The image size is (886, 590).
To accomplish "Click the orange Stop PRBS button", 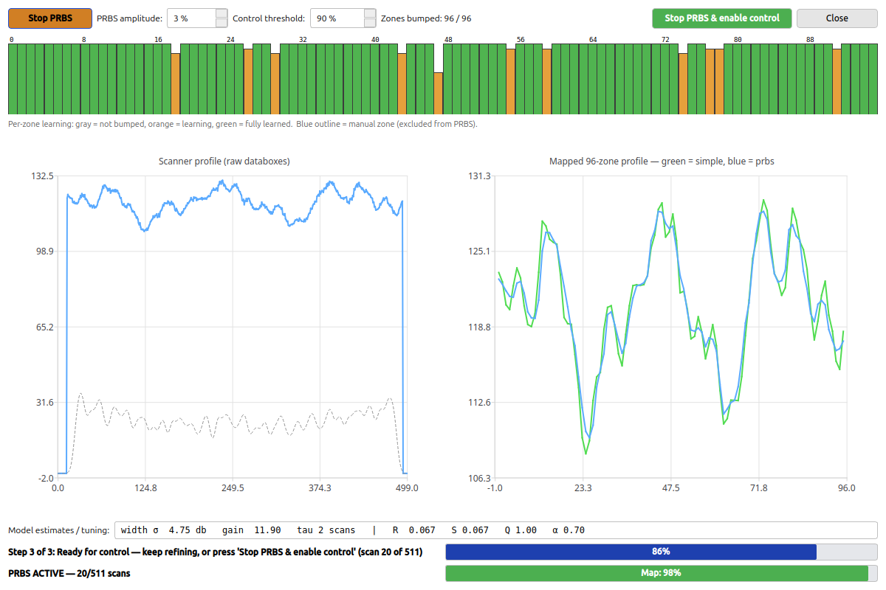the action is (50, 18).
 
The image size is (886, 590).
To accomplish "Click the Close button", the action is (837, 18).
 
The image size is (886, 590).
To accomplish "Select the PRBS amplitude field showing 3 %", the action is (197, 18).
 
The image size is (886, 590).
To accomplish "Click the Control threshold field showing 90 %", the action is (343, 18).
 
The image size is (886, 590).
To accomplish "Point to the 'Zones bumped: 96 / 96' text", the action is (426, 18).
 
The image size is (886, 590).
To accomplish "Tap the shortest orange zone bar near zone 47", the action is (439, 93).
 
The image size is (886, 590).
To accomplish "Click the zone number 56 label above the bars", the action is (521, 40).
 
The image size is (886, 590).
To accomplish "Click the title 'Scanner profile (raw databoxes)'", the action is (224, 162).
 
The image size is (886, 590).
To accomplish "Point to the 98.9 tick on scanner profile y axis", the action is (45, 251).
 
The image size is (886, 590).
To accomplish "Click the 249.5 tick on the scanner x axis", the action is (233, 488).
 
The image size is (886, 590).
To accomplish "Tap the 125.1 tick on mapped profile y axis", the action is (479, 251).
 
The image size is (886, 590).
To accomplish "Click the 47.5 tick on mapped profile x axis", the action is (671, 488).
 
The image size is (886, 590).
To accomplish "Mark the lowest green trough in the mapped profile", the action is (585, 454).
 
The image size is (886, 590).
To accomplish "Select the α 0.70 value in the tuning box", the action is (569, 530).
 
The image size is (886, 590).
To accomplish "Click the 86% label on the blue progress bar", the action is (661, 551).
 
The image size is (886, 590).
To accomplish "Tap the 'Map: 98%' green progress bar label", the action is (661, 572).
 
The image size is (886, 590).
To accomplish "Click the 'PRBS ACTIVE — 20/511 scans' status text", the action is (69, 573).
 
